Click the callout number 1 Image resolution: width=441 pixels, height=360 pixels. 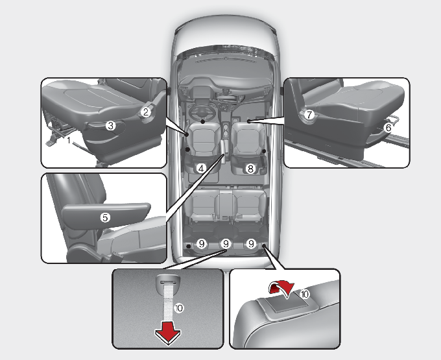[x=69, y=139]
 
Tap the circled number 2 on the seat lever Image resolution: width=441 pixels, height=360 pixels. [x=146, y=112]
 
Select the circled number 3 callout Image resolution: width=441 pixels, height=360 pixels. [x=111, y=125]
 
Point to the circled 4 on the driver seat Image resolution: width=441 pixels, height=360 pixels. [x=201, y=169]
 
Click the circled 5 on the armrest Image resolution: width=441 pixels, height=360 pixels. [x=105, y=217]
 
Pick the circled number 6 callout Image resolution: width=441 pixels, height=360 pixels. [x=388, y=128]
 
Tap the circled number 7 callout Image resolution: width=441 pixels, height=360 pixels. [x=309, y=114]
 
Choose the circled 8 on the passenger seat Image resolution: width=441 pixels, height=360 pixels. [x=250, y=169]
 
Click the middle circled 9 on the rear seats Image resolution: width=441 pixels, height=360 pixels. [x=226, y=243]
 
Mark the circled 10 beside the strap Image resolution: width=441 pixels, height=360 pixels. [x=179, y=308]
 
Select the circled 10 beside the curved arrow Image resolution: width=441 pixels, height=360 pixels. [x=305, y=294]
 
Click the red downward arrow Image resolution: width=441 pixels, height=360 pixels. [x=168, y=333]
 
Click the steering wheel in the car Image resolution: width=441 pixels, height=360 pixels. [x=202, y=112]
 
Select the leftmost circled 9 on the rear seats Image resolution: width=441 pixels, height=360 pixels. [x=202, y=243]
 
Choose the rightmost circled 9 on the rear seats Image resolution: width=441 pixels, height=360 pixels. [x=251, y=243]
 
